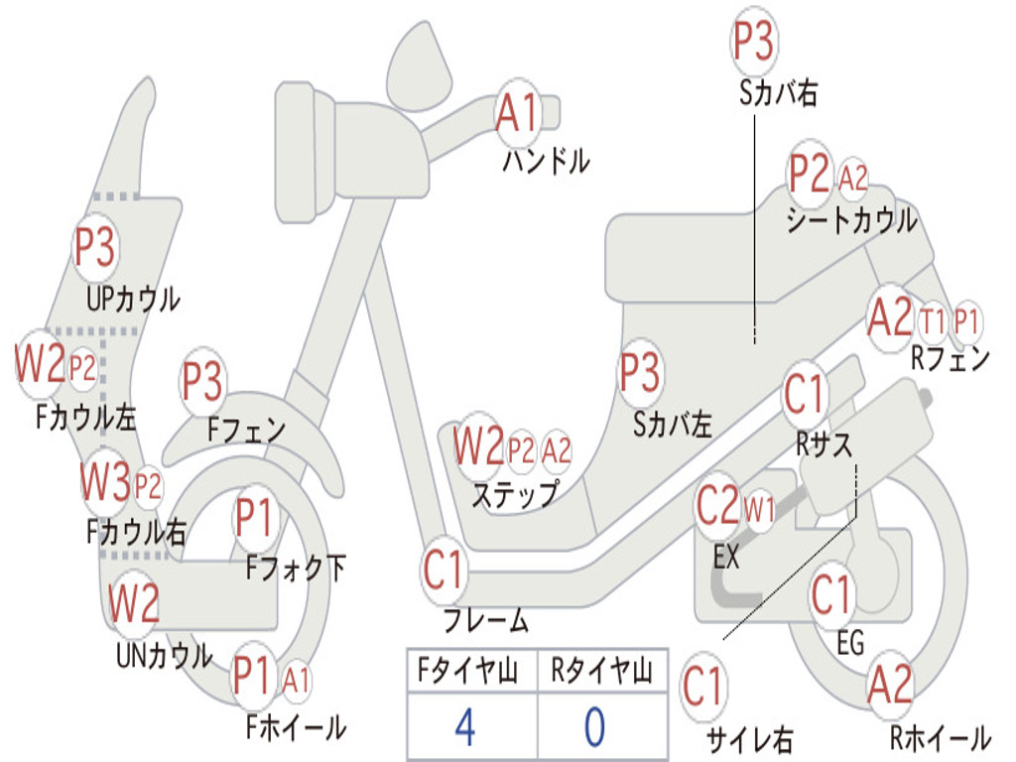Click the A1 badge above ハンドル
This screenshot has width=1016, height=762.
(517, 112)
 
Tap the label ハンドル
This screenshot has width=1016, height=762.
(546, 161)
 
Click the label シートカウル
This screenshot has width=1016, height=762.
(851, 220)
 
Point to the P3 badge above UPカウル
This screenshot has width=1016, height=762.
(95, 247)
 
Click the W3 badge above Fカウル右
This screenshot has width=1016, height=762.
(106, 483)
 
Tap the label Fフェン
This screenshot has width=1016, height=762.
(246, 431)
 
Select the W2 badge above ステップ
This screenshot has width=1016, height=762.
(478, 447)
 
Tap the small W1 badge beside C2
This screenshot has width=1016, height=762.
(759, 511)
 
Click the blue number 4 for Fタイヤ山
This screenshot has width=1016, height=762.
(464, 727)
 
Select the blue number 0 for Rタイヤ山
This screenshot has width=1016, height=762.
(593, 727)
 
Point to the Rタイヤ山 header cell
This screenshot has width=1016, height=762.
(601, 672)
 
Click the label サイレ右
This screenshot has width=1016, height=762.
(749, 739)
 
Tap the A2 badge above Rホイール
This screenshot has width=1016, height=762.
(889, 685)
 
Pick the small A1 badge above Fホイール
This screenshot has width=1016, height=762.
(296, 681)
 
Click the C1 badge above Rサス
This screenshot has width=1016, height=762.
(804, 394)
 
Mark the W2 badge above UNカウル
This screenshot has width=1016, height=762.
(134, 603)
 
